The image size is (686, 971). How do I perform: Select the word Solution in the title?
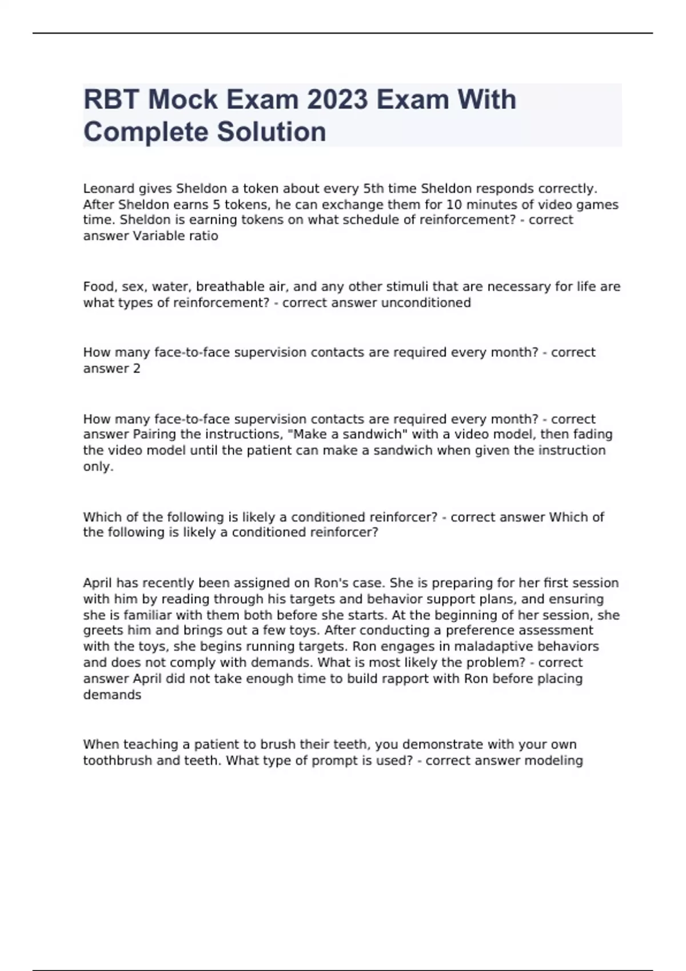point(272,132)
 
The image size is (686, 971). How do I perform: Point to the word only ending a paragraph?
point(97,467)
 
